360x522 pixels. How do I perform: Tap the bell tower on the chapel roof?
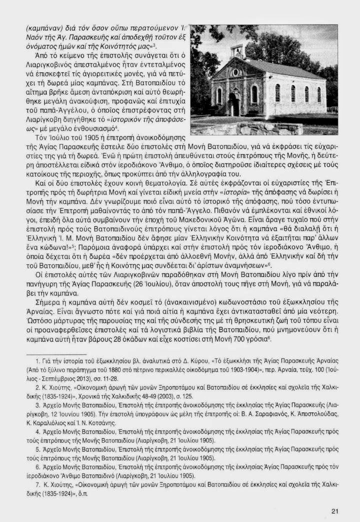click(x=238, y=51)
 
